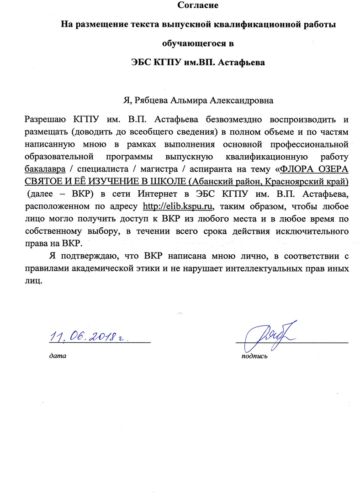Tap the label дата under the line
[58, 355]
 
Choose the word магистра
[153, 170]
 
